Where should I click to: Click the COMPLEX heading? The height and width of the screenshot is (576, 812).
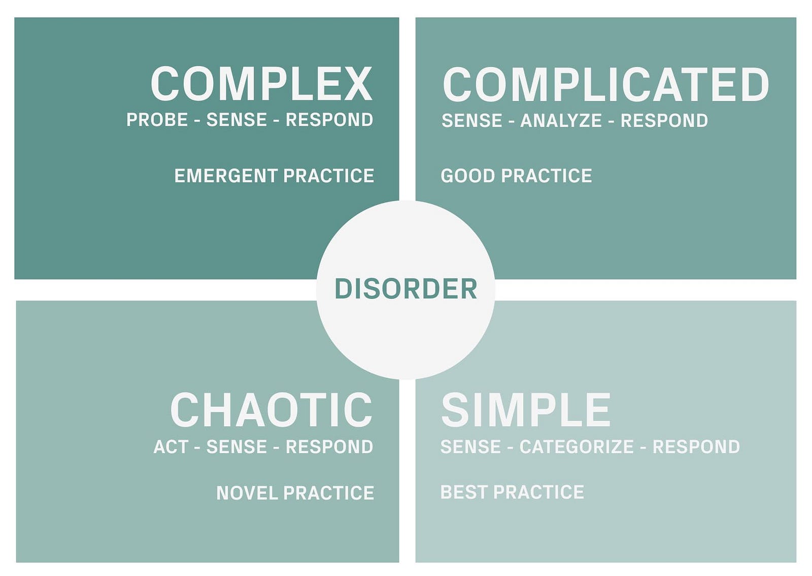pos(261,84)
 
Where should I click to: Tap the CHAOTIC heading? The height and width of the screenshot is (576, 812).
pos(272,410)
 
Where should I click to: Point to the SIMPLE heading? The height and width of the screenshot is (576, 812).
pos(526,410)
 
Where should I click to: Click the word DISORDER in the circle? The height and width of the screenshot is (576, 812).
pos(405,289)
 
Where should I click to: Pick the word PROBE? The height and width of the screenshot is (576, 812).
pos(157,120)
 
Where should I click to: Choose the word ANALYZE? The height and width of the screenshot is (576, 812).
pos(561,121)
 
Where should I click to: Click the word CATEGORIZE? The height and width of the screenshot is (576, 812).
pos(577,447)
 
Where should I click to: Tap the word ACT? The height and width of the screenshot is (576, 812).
pos(171,447)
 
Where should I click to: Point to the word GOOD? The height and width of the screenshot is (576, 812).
pos(467,176)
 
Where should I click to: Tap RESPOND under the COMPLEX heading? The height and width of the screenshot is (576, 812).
pos(329,120)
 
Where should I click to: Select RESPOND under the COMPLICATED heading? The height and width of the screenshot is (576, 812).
pos(664,121)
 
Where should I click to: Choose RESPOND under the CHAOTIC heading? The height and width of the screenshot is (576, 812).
pos(329,447)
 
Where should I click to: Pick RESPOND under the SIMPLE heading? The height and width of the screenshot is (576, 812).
pos(696,447)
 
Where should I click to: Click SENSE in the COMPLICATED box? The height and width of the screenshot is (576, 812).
pos(471,121)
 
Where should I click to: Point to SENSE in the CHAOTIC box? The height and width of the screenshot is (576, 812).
pos(236,447)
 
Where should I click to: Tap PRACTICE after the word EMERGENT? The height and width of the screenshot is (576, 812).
pos(328,176)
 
